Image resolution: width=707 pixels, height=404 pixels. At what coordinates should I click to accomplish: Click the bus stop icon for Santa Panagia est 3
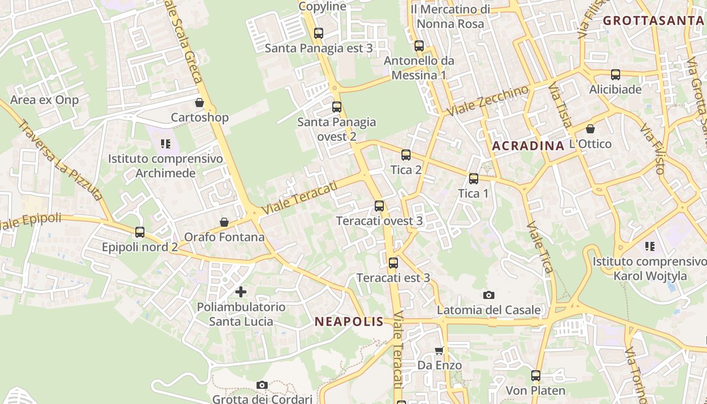point(318,33)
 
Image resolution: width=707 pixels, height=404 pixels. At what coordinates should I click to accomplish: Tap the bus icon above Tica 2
point(406,155)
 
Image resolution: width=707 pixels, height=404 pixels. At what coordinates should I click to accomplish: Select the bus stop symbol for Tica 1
point(473,178)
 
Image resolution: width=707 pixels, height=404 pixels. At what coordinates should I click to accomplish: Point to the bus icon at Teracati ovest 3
point(379,206)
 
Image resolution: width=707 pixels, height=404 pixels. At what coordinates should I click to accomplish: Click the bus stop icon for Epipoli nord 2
point(140,232)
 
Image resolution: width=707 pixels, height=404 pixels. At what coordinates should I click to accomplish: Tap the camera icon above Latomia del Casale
point(488,295)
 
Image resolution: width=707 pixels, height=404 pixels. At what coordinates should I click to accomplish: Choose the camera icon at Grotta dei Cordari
point(262,385)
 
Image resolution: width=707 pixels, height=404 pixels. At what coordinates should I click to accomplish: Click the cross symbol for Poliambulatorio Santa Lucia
point(241,291)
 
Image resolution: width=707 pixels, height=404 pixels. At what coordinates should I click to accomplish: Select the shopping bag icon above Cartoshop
point(199,103)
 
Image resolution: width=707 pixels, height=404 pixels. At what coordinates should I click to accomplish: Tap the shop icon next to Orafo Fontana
point(224,222)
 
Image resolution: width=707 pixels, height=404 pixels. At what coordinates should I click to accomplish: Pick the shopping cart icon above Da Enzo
point(439,350)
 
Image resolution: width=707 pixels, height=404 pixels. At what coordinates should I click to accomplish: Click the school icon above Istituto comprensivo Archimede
point(166,144)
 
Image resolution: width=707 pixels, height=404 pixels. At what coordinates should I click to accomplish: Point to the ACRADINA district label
point(528,146)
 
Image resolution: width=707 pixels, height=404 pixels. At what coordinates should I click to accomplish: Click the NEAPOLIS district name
point(349,322)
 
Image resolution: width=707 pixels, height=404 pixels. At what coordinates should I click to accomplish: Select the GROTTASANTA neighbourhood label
point(653,21)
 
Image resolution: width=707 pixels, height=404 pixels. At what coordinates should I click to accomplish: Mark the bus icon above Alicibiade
point(615,75)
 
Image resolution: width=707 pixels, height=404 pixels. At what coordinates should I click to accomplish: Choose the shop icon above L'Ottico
point(590,129)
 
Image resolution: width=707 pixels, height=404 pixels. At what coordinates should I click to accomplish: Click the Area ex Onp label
point(44,100)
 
